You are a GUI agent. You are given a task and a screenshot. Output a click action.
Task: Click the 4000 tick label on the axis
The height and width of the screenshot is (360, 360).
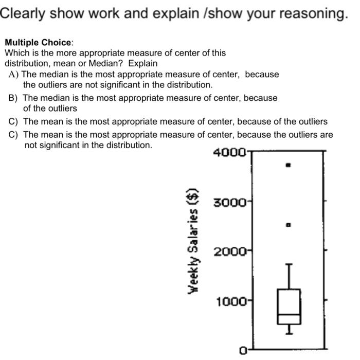point(229,154)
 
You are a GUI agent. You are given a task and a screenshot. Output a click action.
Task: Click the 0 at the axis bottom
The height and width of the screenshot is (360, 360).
point(243,351)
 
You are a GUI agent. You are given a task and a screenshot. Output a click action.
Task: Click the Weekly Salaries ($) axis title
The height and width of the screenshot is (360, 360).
point(194,240)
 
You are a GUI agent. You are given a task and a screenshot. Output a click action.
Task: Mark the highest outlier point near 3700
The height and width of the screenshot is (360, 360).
point(289,165)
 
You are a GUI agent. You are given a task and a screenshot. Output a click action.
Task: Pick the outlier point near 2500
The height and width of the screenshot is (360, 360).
point(289,225)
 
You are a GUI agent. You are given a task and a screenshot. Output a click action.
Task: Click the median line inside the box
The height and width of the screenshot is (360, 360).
point(289,314)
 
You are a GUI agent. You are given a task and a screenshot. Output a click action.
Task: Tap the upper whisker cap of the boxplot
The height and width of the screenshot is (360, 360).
point(289,264)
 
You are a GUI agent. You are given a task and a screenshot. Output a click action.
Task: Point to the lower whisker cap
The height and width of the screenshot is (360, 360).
point(289,333)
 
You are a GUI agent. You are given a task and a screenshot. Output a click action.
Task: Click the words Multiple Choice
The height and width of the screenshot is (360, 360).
point(39,43)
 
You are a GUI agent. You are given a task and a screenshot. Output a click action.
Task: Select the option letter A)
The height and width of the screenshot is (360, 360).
point(14,74)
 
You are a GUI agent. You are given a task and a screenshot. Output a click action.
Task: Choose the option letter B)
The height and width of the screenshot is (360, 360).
point(13,98)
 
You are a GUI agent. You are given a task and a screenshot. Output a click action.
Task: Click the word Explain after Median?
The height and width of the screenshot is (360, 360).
point(143,63)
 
